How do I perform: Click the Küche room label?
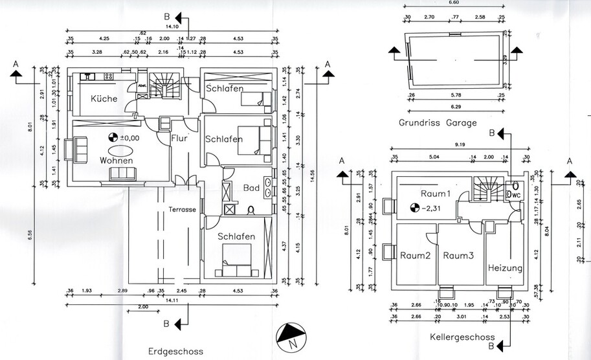point(104,99)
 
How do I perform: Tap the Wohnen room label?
point(117,160)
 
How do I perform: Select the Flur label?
point(180,137)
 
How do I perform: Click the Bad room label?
point(251,188)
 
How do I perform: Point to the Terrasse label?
point(183,210)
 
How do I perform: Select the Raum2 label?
point(414,256)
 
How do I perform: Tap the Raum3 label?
point(459,256)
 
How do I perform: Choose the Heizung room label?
point(504,267)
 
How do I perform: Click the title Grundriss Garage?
point(447,122)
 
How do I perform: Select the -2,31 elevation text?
point(431,208)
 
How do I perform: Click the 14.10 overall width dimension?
point(172,27)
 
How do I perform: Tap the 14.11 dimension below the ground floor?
point(172,300)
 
